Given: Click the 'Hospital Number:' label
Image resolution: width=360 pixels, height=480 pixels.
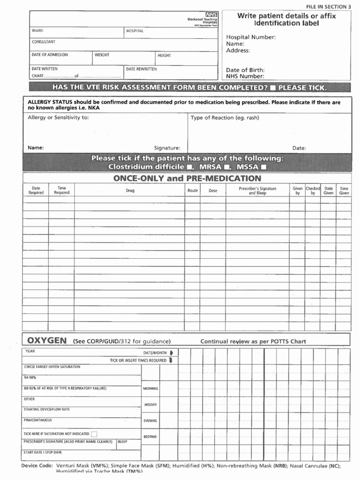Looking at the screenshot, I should click(251, 37).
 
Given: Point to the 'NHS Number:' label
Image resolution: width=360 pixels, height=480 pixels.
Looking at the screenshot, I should click(245, 76).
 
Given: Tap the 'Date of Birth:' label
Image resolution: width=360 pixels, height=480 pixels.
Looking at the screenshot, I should click(245, 70).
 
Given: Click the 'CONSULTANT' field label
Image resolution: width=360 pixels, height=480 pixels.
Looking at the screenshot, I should click(43, 42).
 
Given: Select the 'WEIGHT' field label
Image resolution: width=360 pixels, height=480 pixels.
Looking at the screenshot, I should click(102, 55).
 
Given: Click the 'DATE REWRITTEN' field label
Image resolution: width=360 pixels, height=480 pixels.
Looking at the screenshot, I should click(141, 69).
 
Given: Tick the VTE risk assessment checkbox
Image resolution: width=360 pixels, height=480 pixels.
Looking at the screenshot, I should click(273, 88).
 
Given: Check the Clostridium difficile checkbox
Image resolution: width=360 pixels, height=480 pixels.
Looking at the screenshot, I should click(189, 167).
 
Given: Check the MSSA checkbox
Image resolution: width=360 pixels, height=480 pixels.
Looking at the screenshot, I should click(264, 167).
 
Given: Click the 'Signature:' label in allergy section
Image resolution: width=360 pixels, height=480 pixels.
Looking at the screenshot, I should click(167, 148).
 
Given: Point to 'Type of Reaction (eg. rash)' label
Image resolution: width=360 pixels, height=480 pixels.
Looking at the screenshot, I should click(225, 118).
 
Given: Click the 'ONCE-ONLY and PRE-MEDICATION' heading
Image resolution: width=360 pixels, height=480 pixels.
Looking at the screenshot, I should click(187, 178).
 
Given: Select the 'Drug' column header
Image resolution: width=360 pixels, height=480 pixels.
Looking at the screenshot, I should click(130, 191).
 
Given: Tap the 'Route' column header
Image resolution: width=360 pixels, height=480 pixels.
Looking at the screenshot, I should click(193, 191).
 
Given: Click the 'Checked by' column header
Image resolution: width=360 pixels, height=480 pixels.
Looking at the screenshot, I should click(313, 191).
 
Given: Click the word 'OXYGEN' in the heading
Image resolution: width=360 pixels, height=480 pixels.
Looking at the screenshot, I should click(46, 340).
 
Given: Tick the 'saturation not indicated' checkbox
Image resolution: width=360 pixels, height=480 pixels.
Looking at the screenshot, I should click(94, 434).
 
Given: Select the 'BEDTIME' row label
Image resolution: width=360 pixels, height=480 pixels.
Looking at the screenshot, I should click(150, 436).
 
